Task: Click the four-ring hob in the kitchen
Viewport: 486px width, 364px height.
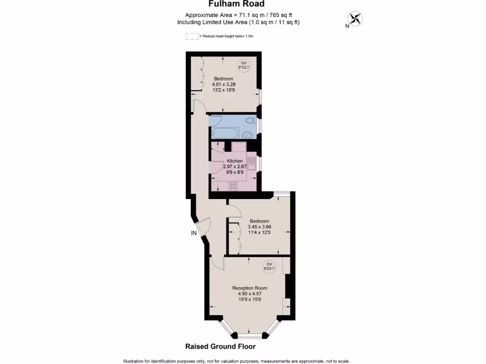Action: pos(233,186)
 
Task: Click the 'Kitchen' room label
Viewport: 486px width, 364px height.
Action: pos(234,161)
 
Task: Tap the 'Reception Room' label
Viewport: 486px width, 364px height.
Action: pos(249,288)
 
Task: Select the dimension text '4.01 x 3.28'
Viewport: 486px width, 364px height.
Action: pos(223,84)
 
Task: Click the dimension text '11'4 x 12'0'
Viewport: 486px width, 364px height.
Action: pos(259,232)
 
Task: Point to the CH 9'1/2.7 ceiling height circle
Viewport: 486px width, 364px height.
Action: pos(243,65)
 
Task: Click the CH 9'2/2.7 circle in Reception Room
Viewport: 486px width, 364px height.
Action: pos(269,266)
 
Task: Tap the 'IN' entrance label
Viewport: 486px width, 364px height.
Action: pos(194,233)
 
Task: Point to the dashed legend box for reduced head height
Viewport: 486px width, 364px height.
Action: pos(192,36)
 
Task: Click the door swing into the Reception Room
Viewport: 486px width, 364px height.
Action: pos(216,262)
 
